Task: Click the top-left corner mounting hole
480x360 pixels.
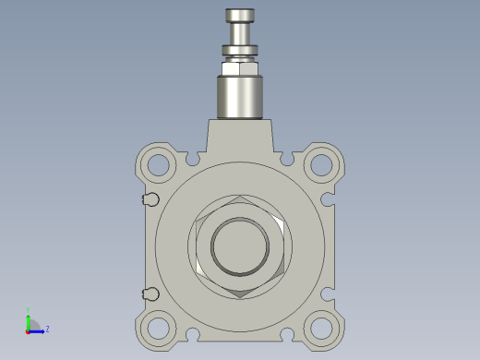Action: tap(159, 165)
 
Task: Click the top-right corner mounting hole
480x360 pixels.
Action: tap(321, 165)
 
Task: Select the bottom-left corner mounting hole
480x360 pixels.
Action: tap(159, 328)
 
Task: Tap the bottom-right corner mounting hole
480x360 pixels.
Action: tap(321, 328)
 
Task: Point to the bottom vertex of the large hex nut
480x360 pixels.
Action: tap(240, 296)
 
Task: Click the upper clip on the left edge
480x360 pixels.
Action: tap(150, 199)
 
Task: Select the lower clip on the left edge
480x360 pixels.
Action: tap(150, 294)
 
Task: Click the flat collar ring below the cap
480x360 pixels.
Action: tap(240, 51)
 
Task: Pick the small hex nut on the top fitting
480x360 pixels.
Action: tap(240, 66)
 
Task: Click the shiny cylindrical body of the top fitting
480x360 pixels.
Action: tap(240, 96)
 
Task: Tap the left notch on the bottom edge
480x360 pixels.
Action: tap(193, 334)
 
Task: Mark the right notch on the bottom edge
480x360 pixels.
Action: tap(287, 334)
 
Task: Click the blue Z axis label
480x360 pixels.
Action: tap(47, 328)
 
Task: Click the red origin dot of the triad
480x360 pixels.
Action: tap(29, 330)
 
